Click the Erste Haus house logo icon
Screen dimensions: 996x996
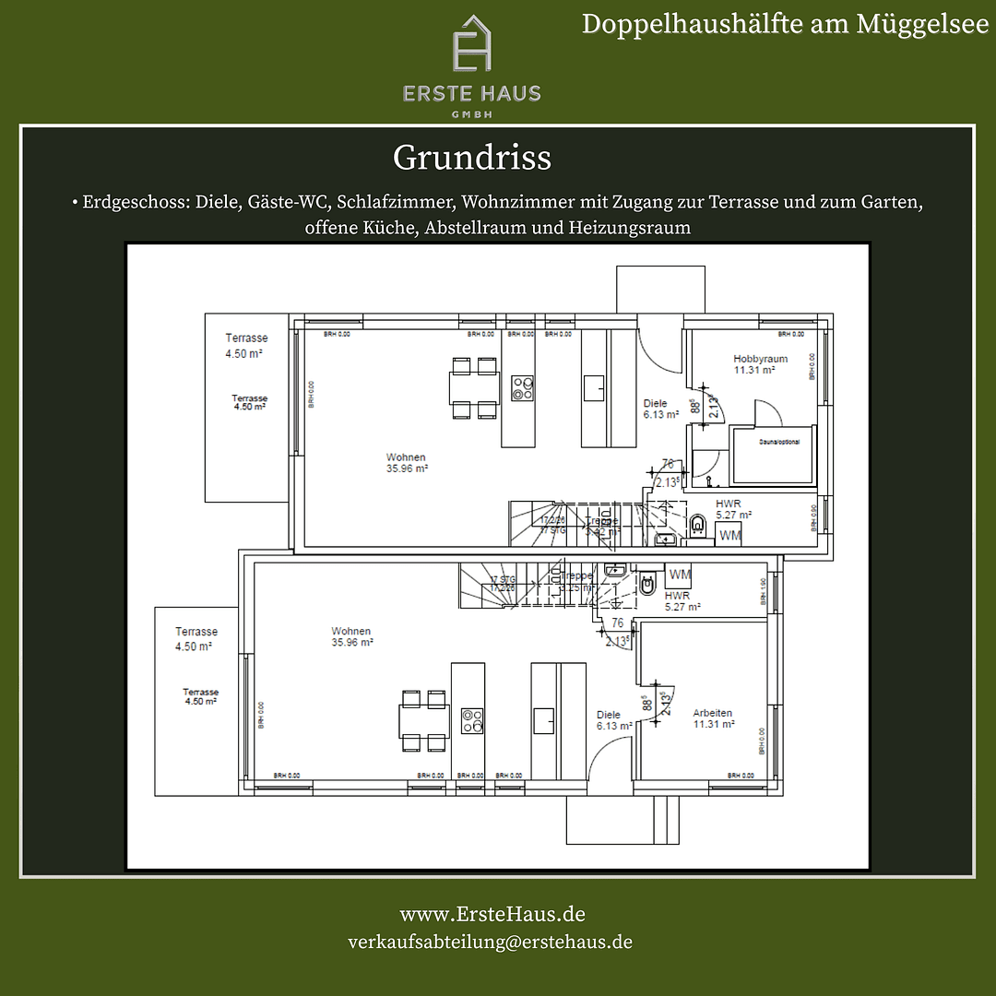(471, 44)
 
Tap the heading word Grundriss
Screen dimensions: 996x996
(471, 158)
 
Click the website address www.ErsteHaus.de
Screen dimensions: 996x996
(492, 914)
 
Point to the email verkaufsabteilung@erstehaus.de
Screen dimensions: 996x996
(490, 942)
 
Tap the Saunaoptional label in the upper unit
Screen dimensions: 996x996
(779, 442)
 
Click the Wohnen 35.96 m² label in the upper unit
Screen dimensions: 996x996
(406, 462)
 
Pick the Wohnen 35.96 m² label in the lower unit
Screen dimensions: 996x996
(352, 636)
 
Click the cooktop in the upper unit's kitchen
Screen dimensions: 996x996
(523, 388)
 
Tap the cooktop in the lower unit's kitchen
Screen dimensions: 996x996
(472, 720)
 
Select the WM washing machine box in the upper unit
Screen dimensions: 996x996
(729, 535)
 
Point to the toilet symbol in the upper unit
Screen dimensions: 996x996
(697, 526)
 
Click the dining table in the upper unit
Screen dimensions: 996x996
(474, 387)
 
